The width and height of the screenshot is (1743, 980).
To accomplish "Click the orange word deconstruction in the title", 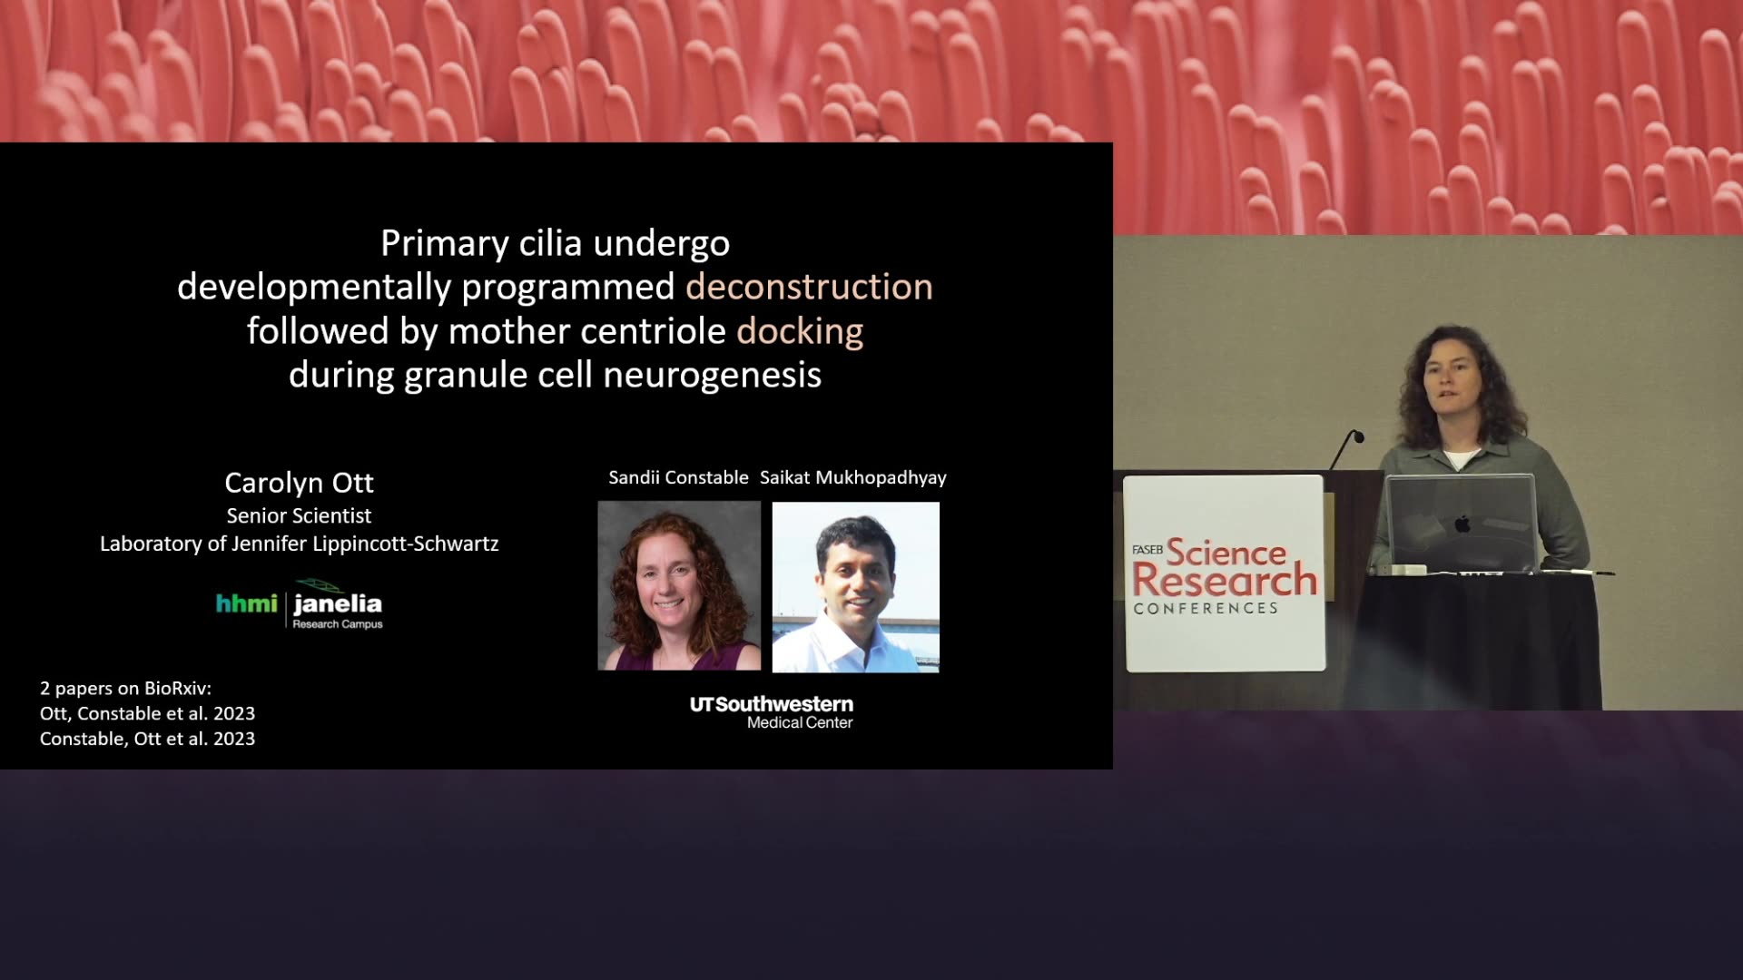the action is pyautogui.click(x=809, y=287).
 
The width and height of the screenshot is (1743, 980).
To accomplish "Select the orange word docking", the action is pyautogui.click(x=800, y=332).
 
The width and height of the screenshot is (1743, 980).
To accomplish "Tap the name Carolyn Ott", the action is pyautogui.click(x=299, y=483).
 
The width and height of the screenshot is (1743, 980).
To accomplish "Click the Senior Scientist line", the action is pyautogui.click(x=299, y=515).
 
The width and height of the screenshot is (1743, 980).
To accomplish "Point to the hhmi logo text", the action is pyautogui.click(x=246, y=603).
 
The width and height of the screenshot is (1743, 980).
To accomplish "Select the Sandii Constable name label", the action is pyautogui.click(x=678, y=477).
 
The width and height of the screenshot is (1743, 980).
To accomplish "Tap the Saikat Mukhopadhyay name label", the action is pyautogui.click(x=853, y=478).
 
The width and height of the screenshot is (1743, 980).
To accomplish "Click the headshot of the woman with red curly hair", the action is pyautogui.click(x=679, y=586).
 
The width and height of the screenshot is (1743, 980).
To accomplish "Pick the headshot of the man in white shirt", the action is pyautogui.click(x=856, y=587).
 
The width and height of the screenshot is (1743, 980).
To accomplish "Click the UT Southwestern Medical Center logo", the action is pyautogui.click(x=772, y=712).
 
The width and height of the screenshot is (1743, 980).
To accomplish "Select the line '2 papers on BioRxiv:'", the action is pyautogui.click(x=125, y=689).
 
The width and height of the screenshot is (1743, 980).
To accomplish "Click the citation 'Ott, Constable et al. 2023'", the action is pyautogui.click(x=147, y=713).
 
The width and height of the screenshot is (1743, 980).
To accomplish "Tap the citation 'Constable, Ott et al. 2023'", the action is pyautogui.click(x=147, y=739).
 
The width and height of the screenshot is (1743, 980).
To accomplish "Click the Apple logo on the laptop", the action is pyautogui.click(x=1462, y=524).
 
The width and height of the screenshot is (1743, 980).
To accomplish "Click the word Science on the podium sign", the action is pyautogui.click(x=1226, y=552).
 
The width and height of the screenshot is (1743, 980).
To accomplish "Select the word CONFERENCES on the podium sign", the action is pyautogui.click(x=1206, y=608).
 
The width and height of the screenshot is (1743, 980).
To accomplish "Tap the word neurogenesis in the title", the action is pyautogui.click(x=713, y=375).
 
